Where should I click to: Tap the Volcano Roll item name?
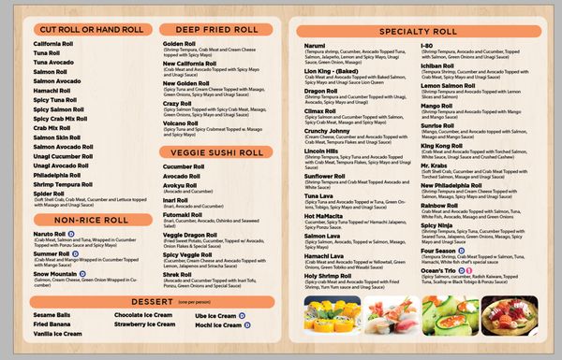[180, 122]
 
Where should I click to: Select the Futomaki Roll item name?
[183, 214]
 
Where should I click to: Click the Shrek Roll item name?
[178, 273]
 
